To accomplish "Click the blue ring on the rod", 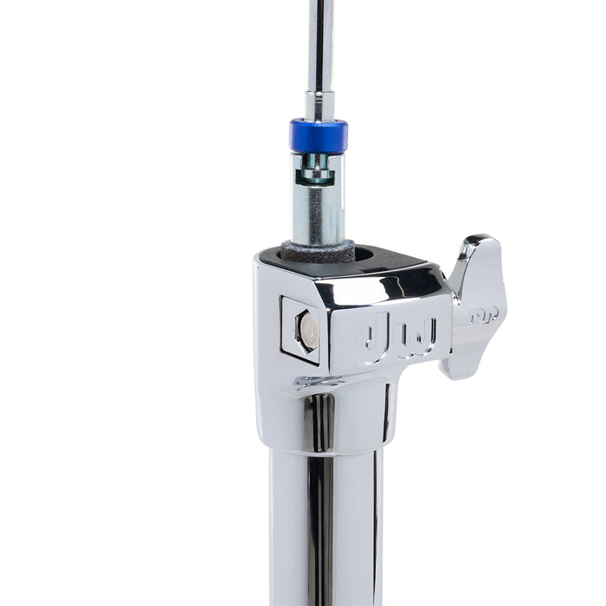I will pyautogui.click(x=319, y=136).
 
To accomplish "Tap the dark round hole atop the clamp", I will pyautogui.click(x=364, y=255).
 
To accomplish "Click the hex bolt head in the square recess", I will pyautogui.click(x=307, y=329).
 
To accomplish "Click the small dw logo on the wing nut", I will pyautogui.click(x=483, y=316).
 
